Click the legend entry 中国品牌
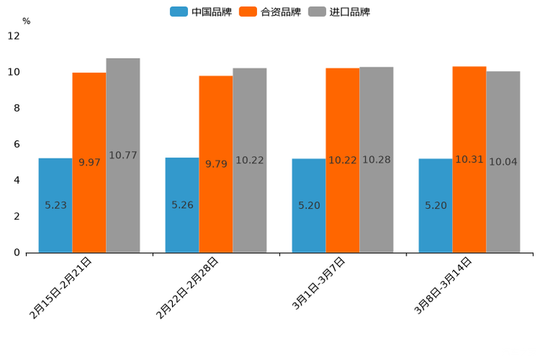[x=201, y=12]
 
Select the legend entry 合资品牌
[x=270, y=12]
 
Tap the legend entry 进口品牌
[x=339, y=12]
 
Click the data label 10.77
[x=123, y=155]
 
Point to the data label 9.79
[x=216, y=164]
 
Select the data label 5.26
[x=182, y=205]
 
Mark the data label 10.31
[x=469, y=160]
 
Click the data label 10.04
[x=503, y=162]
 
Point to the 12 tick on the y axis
[x=14, y=36]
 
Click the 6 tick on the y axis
[x=16, y=144]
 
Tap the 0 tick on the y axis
[x=16, y=253]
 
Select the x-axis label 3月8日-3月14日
[x=443, y=285]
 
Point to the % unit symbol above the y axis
[x=26, y=21]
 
